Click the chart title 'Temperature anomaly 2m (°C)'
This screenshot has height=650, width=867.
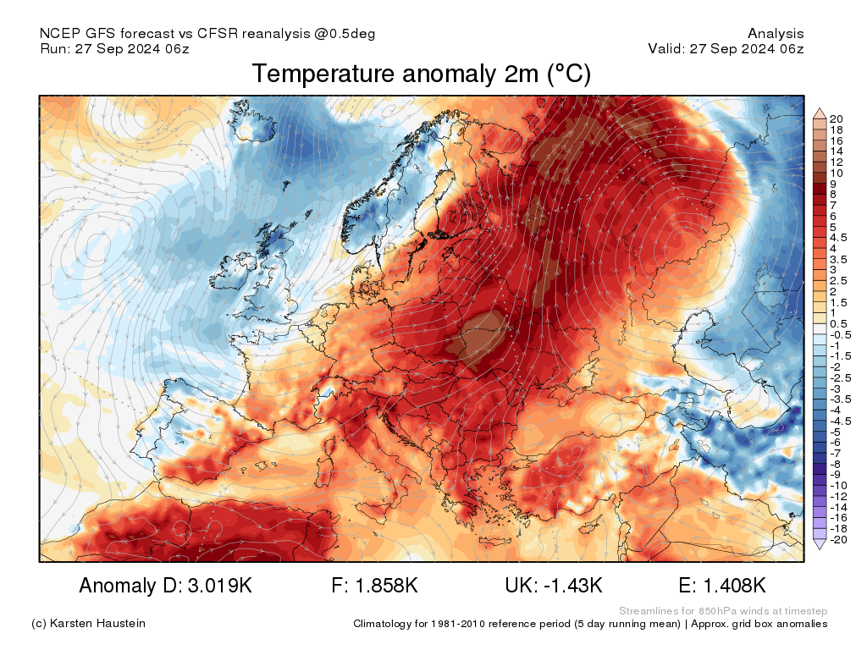click(x=422, y=74)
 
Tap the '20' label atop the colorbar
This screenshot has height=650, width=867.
click(x=836, y=118)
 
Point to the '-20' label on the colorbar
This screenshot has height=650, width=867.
click(x=838, y=540)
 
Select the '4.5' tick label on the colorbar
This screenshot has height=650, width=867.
click(x=838, y=238)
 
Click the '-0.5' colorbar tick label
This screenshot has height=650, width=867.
click(x=838, y=335)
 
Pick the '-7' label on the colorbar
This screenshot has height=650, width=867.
click(x=835, y=454)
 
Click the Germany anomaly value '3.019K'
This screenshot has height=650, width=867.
click(x=220, y=586)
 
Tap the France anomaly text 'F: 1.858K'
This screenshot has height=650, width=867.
click(x=374, y=586)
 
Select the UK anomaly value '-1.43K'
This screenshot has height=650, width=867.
click(x=573, y=586)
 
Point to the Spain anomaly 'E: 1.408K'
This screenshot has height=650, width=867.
click(x=721, y=586)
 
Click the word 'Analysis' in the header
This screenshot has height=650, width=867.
click(x=776, y=34)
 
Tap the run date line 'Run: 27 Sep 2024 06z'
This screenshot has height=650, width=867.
click(x=114, y=48)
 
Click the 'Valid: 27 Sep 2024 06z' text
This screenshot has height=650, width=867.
click(x=726, y=48)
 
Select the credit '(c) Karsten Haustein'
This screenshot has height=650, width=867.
click(x=88, y=624)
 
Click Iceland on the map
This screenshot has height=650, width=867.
click(x=251, y=123)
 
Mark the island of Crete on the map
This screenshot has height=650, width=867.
click(x=494, y=541)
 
